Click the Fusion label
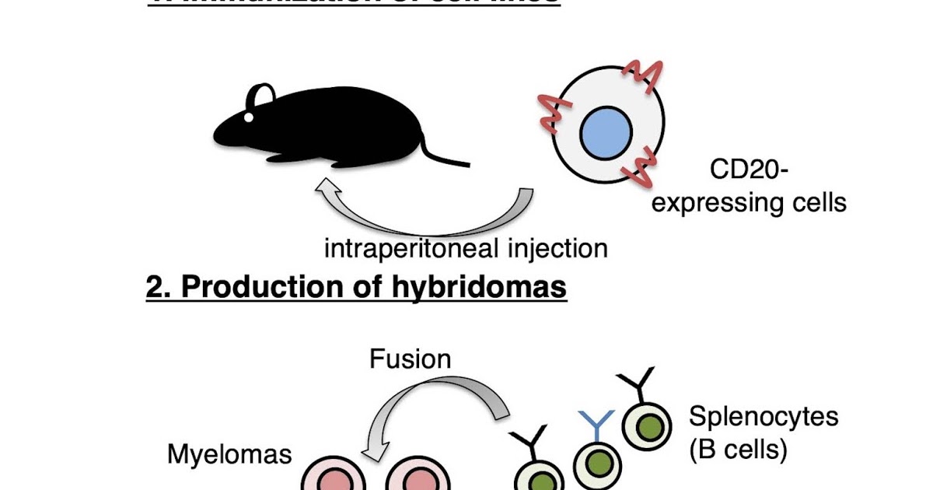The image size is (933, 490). [410, 359]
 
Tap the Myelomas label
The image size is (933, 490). [229, 454]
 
